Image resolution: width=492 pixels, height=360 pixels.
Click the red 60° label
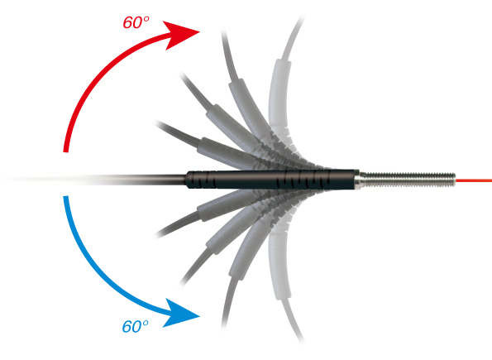click(136, 22)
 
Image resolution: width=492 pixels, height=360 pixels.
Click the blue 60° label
click(135, 326)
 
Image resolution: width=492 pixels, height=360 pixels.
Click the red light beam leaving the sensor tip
click(474, 180)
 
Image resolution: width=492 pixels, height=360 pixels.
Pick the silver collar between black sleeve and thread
click(358, 180)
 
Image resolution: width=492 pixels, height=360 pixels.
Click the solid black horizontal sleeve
click(271, 180)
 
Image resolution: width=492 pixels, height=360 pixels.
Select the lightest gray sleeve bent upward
click(279, 94)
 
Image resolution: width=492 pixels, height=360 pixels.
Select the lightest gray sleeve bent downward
click(279, 264)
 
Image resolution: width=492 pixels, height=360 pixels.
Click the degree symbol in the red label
click(146, 19)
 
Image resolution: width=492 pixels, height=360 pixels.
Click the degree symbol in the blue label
click(146, 323)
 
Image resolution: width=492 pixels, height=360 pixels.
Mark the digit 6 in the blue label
click(127, 327)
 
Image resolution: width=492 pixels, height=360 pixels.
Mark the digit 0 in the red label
click(138, 23)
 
